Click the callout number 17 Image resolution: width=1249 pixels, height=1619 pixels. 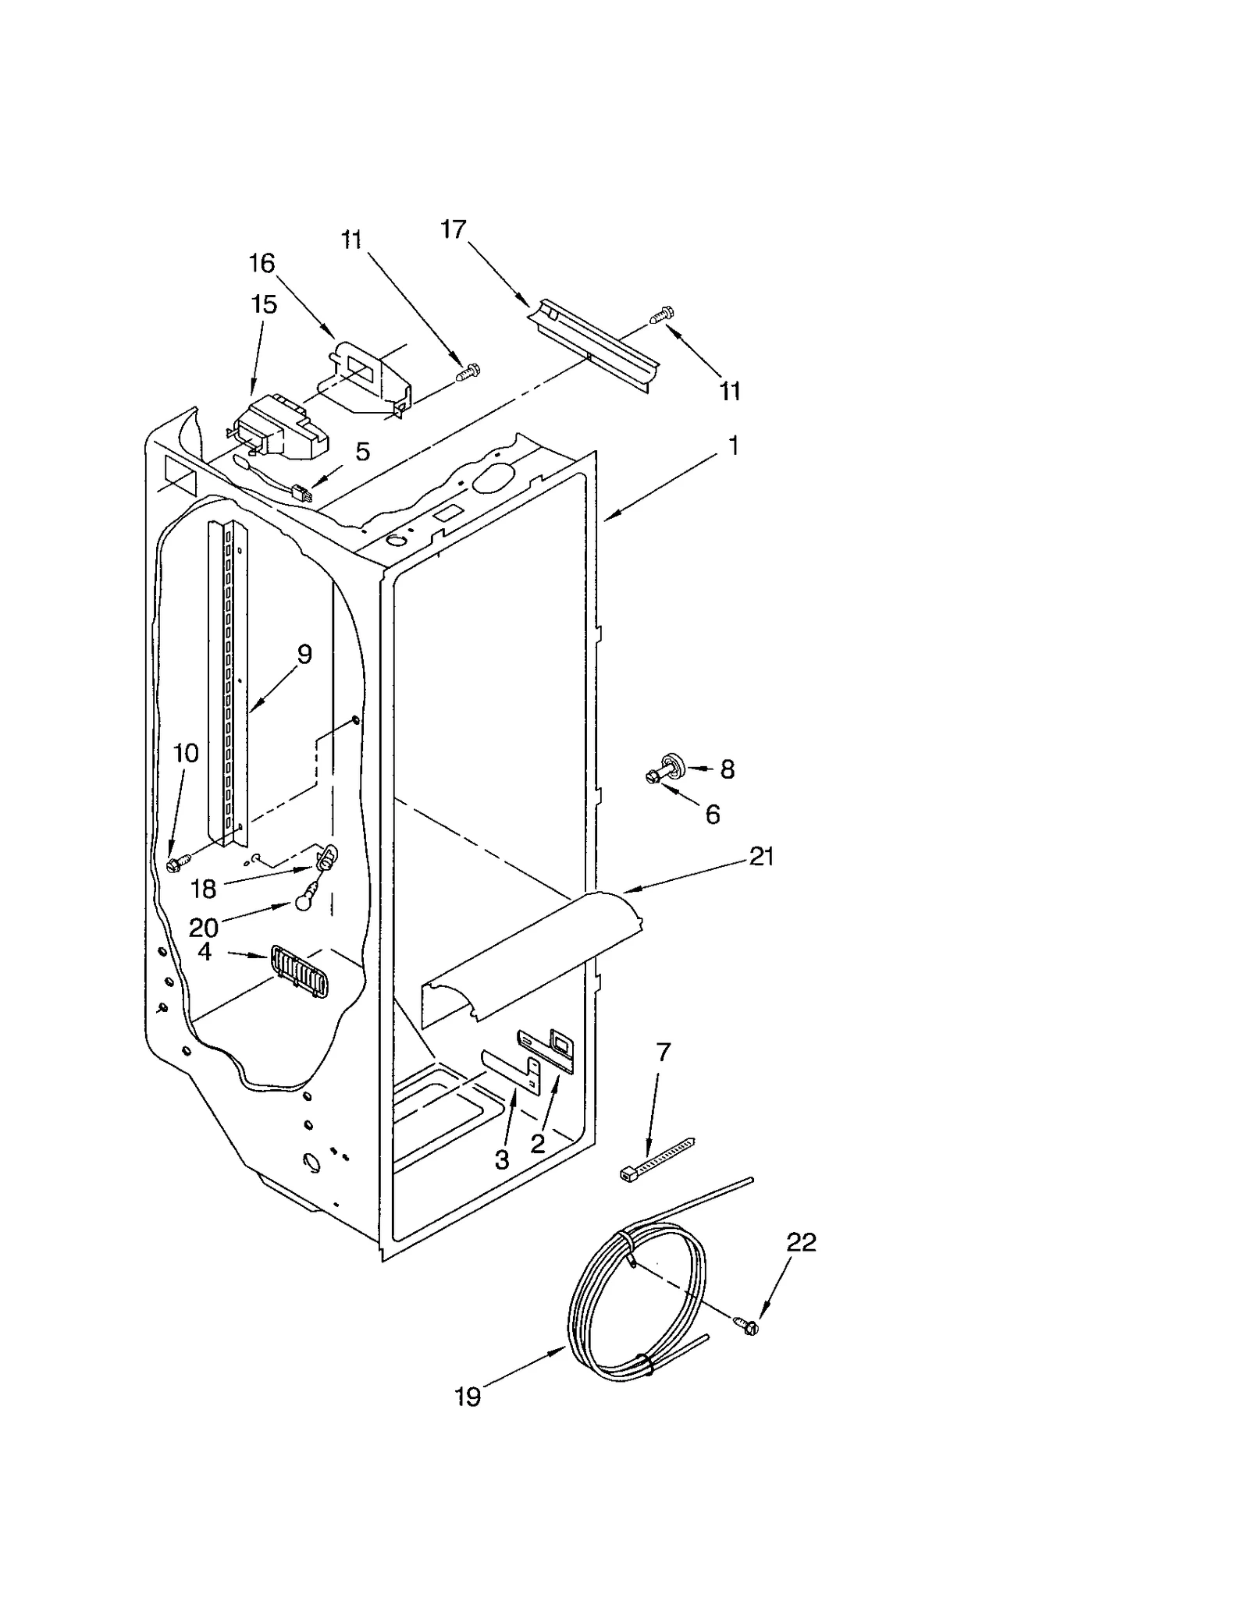click(x=453, y=229)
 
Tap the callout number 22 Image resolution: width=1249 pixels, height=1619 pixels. click(x=801, y=1241)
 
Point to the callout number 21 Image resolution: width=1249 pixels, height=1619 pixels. click(x=761, y=857)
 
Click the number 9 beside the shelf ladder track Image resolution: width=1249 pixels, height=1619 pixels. click(x=304, y=654)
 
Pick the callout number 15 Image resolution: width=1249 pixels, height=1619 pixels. click(x=265, y=304)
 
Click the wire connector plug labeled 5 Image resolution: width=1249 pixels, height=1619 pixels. click(x=301, y=493)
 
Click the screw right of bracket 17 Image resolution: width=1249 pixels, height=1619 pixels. click(x=662, y=313)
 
